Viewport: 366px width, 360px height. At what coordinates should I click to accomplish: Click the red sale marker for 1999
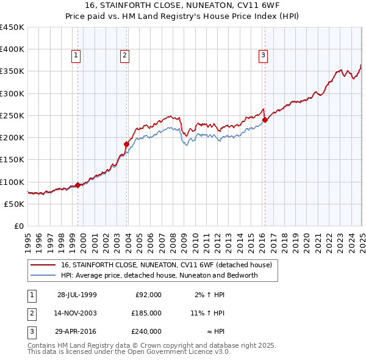point(78,185)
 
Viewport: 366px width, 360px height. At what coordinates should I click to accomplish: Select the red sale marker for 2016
point(265,120)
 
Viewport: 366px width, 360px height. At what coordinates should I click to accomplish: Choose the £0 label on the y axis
point(19,226)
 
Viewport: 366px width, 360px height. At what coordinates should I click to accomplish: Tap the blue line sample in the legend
point(43,275)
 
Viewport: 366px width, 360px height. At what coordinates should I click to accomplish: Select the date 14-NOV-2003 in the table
point(77,313)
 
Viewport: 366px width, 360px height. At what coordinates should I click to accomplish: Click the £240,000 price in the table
point(146,331)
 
